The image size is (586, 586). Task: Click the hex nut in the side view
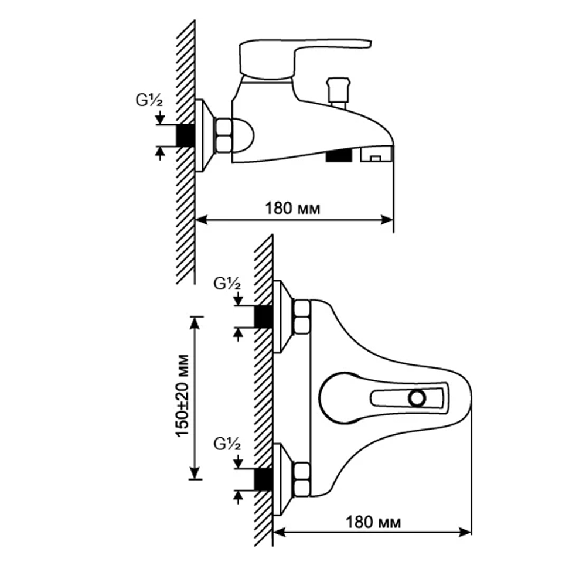(223, 135)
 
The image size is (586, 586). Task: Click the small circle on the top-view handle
(418, 398)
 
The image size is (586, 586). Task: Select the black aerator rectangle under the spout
(338, 155)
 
